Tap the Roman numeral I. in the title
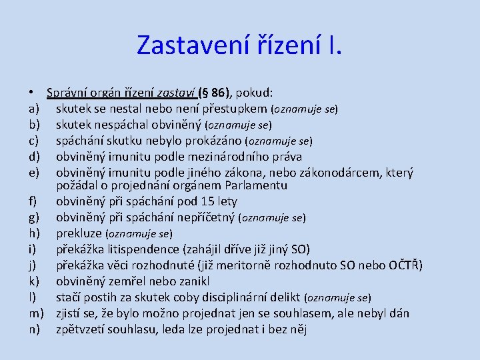pos(334,45)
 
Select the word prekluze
pos(79,233)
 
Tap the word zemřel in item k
pos(135,281)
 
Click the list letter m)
pos(36,313)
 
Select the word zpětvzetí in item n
pos(81,329)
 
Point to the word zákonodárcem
pos(340,173)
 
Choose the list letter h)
pos(34,233)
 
